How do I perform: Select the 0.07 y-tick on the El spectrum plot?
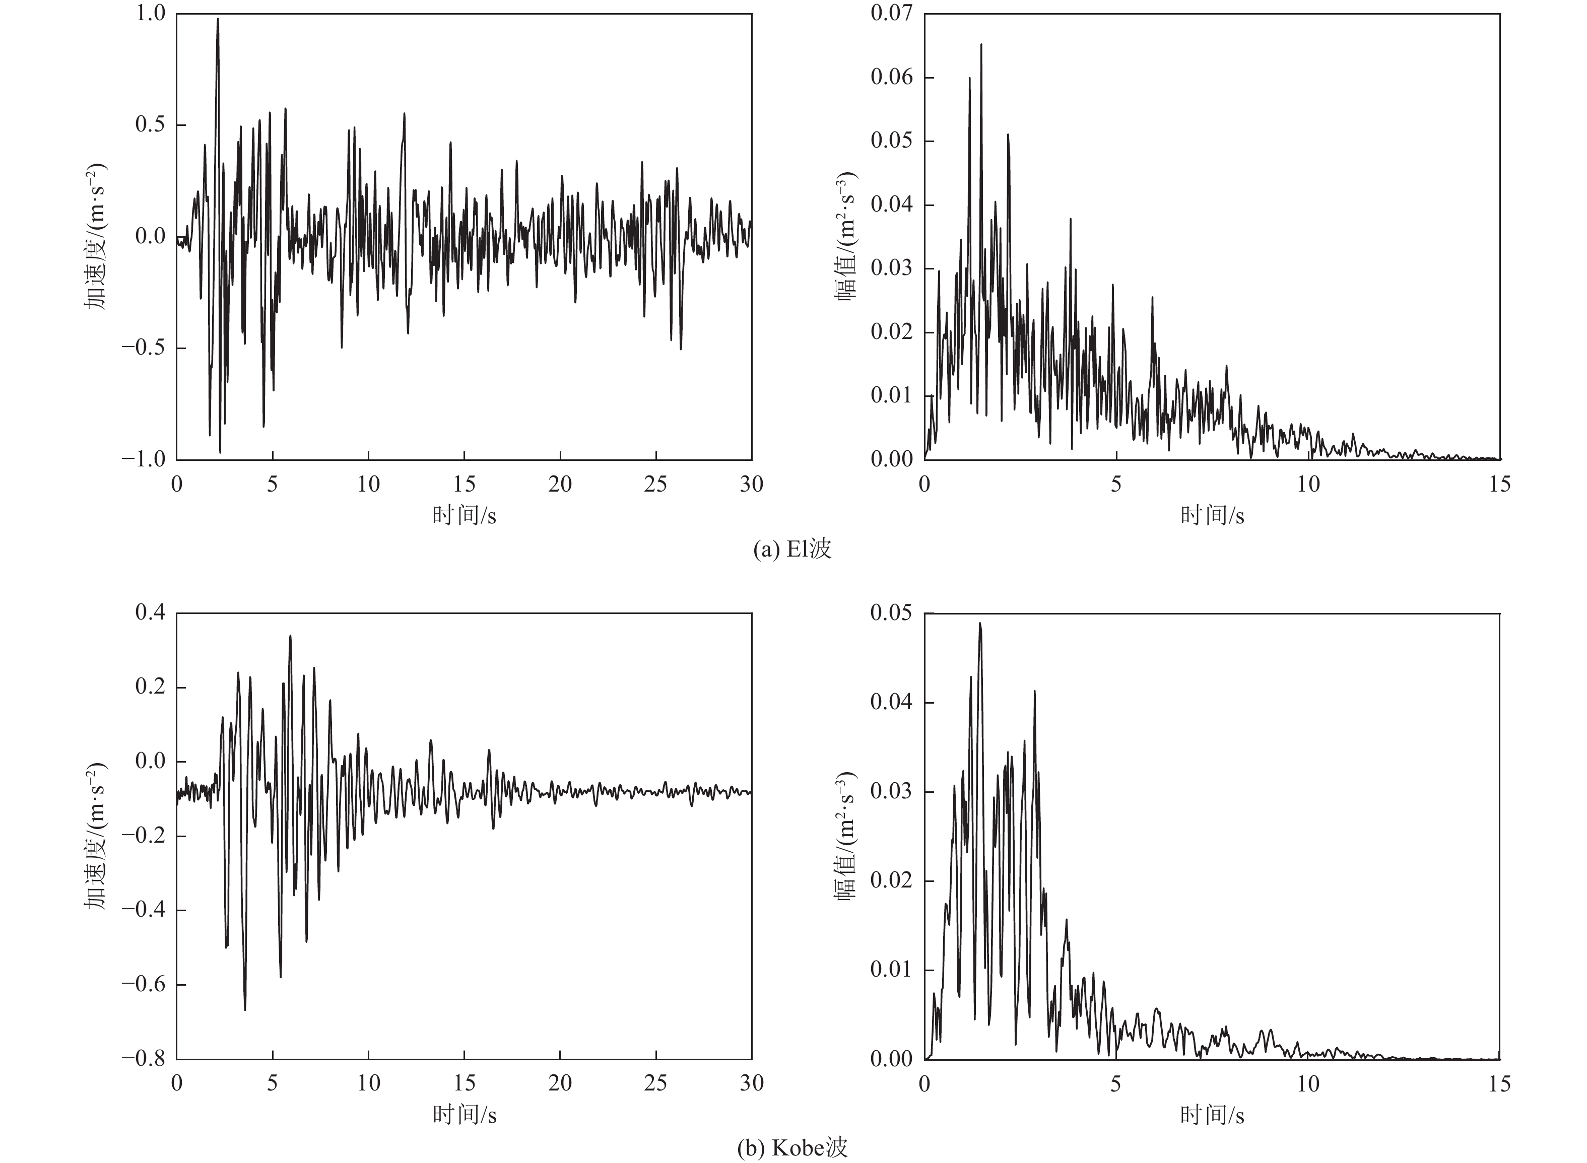[x=892, y=14]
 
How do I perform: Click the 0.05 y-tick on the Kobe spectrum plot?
[x=892, y=613]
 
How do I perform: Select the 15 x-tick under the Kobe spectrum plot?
[x=1500, y=1083]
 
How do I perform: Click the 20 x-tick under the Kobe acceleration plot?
[x=560, y=1083]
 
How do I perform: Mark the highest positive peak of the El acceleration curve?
[x=218, y=20]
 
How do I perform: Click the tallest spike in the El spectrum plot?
[x=981, y=45]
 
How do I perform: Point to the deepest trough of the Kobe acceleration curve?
[x=245, y=1009]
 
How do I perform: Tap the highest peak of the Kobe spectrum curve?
[x=979, y=624]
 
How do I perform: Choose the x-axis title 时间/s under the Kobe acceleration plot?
[x=464, y=1115]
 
